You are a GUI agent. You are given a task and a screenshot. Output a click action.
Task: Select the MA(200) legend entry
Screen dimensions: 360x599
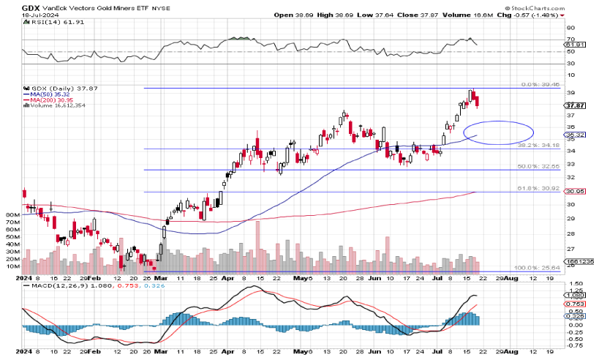[49, 100]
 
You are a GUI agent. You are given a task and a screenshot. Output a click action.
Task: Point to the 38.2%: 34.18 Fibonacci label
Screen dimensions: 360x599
[539, 146]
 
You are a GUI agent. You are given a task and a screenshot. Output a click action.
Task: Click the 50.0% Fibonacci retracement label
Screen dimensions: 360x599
[538, 167]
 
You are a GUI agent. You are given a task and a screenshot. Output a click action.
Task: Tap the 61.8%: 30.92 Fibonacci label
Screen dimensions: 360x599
[538, 189]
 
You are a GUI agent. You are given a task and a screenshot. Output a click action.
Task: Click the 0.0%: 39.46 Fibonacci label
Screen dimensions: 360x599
[539, 85]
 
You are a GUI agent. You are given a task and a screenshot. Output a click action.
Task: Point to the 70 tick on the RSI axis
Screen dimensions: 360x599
[570, 38]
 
